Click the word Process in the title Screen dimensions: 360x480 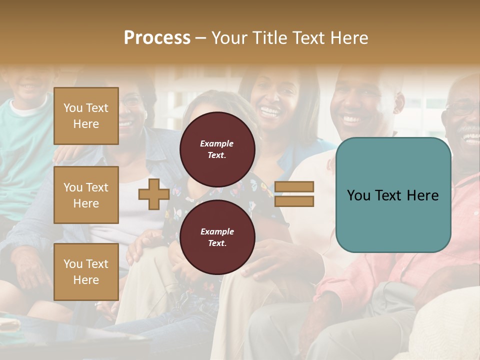coord(157,38)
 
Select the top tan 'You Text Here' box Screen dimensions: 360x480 coord(86,116)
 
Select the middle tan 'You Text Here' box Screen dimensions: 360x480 coord(86,195)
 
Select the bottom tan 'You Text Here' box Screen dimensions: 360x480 coord(86,272)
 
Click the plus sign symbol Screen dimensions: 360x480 coord(154,194)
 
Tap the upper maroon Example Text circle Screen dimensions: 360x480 coord(217,149)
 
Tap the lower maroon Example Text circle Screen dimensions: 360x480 coord(217,237)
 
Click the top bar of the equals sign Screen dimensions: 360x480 coord(294,187)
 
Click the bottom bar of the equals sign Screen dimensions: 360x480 coord(294,201)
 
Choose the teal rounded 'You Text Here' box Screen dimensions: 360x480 coord(393,195)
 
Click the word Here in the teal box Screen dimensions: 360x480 coord(421,195)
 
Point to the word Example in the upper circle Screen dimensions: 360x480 coord(217,143)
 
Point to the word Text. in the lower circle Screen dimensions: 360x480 coord(217,243)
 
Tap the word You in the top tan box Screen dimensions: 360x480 coord(73,108)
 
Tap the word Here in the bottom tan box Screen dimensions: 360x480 coord(86,280)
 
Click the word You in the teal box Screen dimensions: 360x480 coord(358,195)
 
